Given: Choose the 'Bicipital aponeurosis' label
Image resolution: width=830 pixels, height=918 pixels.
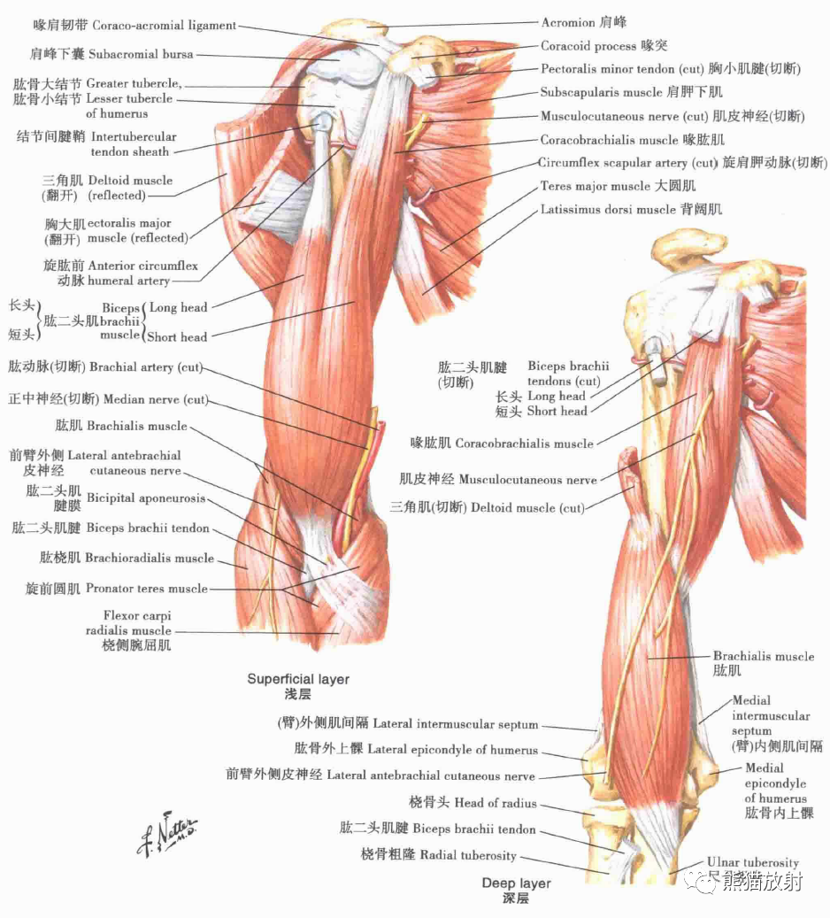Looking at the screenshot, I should tap(146, 499).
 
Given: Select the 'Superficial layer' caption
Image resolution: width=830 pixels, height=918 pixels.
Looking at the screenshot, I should tap(298, 680).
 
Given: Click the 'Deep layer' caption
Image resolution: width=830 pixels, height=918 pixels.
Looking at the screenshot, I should tap(516, 883).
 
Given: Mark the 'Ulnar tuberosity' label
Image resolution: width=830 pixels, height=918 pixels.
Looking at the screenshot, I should tap(752, 862).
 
